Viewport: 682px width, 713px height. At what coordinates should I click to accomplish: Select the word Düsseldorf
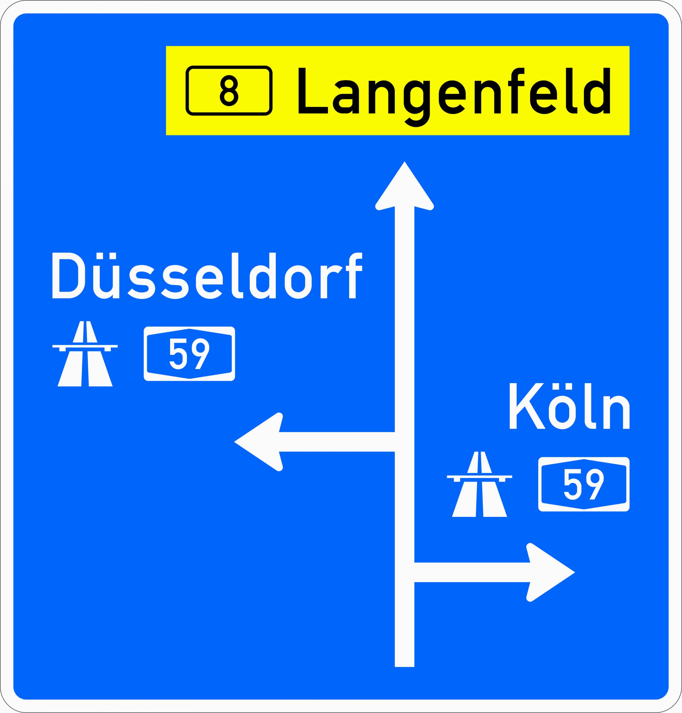[207, 276]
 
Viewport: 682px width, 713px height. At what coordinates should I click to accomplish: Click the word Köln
[569, 406]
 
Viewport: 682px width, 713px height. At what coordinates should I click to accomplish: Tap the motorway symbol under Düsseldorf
[85, 354]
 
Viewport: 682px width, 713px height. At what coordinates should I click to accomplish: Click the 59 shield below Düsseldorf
[189, 354]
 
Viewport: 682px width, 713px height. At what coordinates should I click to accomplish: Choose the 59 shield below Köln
[583, 484]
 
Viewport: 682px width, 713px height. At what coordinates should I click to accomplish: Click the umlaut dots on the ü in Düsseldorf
[106, 256]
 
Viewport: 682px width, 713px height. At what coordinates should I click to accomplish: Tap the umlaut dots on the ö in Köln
[562, 386]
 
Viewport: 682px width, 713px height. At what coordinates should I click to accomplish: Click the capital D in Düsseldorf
[68, 276]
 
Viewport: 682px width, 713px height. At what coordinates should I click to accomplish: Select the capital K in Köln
[527, 406]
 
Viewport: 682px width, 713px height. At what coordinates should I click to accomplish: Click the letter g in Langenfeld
[417, 102]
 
